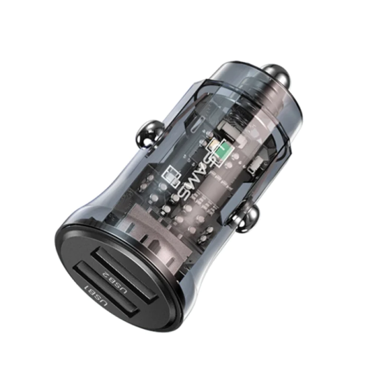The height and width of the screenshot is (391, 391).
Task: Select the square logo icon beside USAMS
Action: (171, 182)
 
